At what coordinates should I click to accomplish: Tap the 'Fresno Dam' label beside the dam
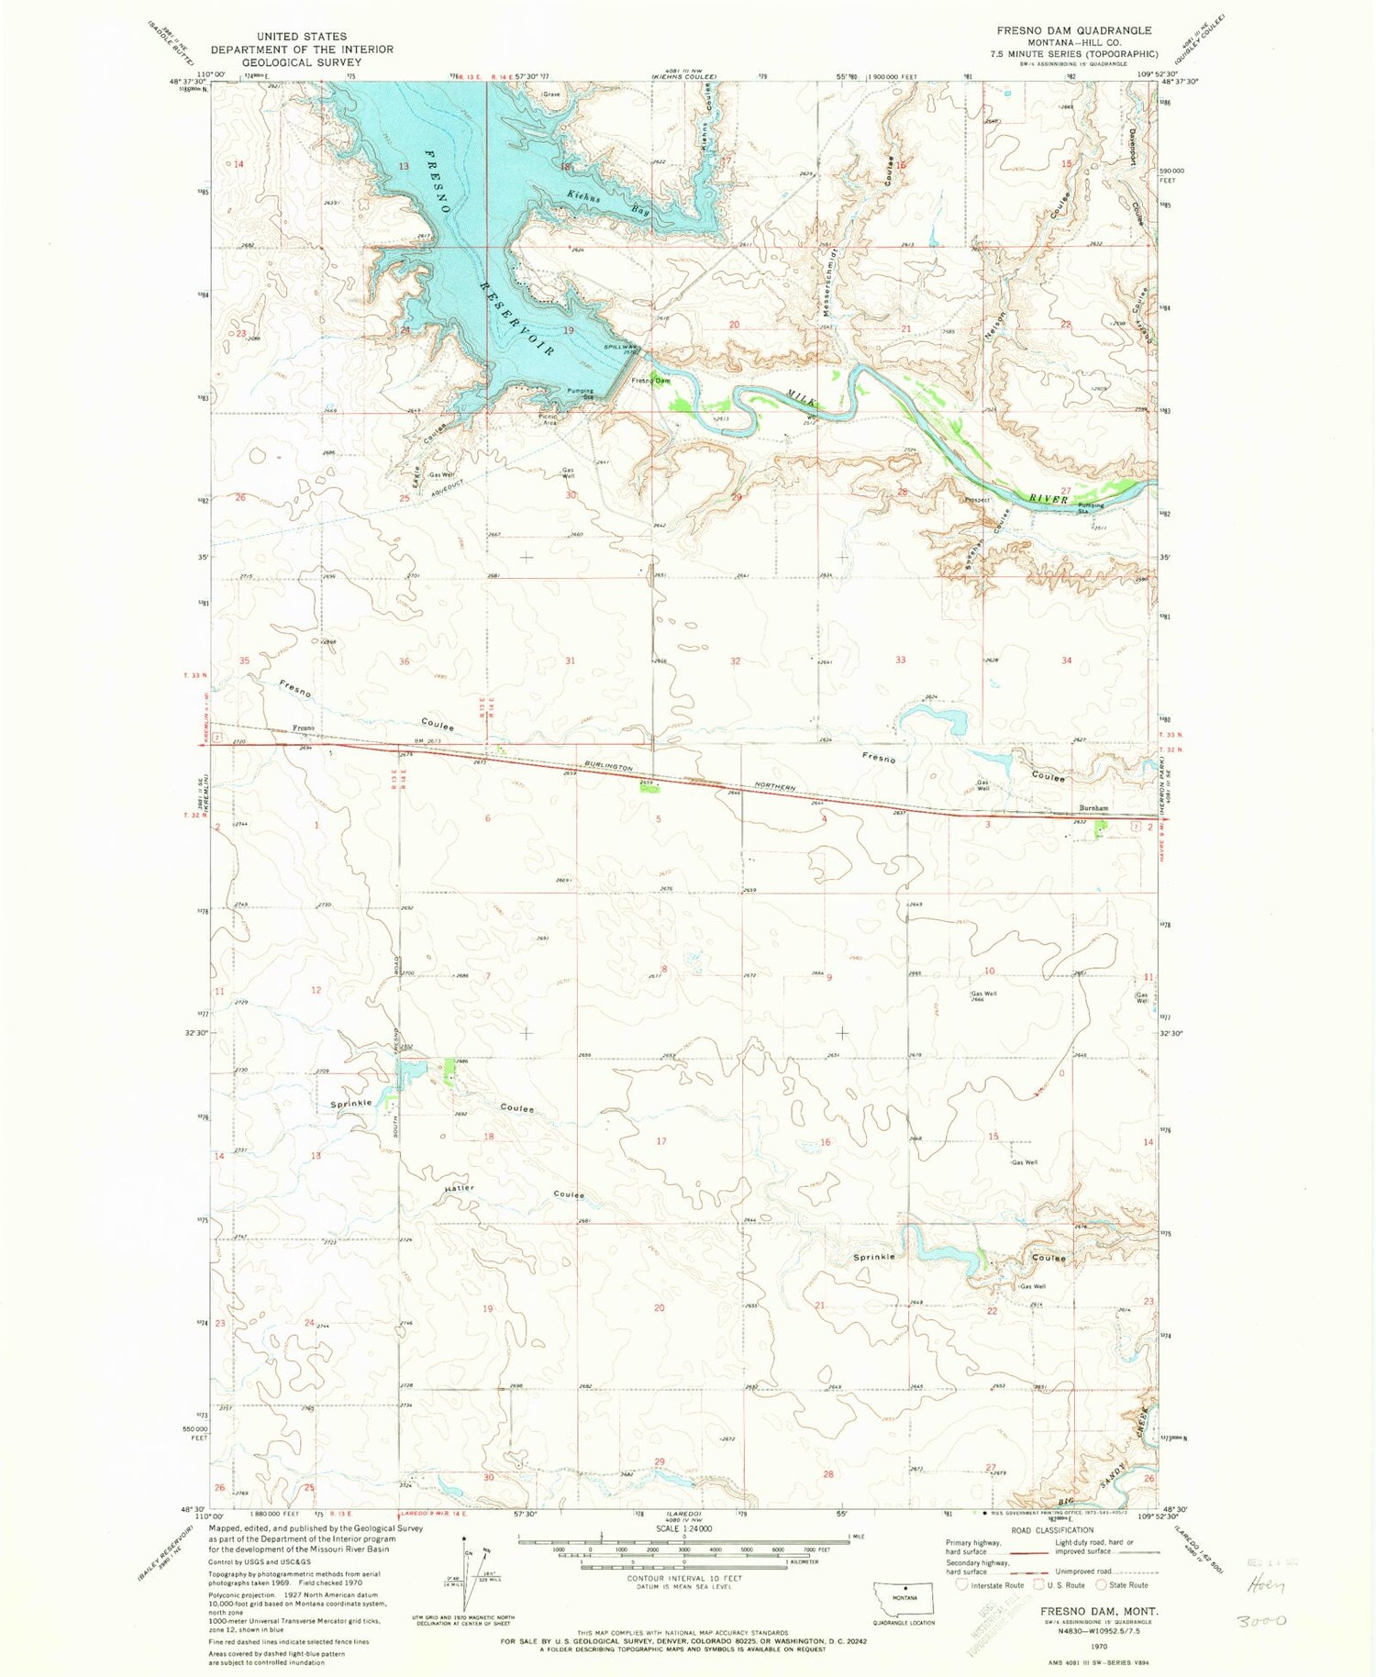tap(650, 380)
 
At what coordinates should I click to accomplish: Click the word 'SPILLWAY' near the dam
tap(620, 347)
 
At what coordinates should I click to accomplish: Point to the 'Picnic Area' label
tap(549, 419)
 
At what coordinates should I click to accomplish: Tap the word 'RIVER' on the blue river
tap(1048, 498)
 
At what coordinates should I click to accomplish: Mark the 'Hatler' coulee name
tap(460, 1188)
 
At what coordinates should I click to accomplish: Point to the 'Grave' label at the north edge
tap(550, 94)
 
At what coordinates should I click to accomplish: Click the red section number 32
tap(736, 661)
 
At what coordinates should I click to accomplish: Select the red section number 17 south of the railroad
tap(660, 1141)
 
